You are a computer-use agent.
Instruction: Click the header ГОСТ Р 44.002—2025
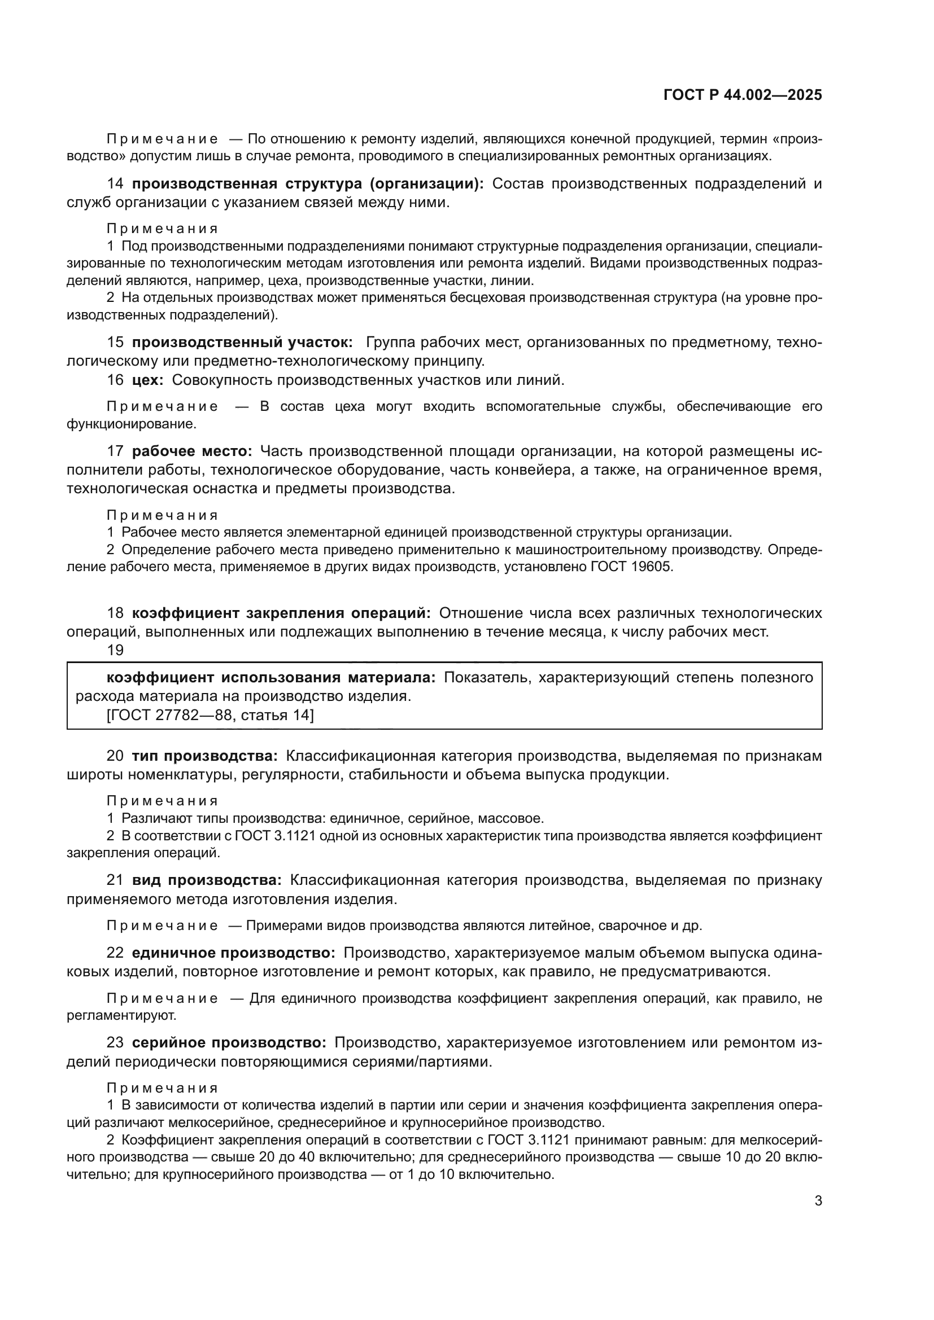743,95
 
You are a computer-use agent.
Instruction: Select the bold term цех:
148,380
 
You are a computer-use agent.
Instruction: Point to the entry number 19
115,650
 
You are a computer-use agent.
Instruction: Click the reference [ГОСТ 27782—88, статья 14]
210,715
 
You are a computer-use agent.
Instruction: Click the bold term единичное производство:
234,953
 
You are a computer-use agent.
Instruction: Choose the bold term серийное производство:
229,1042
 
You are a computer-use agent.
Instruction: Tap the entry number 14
115,183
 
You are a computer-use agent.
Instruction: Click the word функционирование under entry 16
131,424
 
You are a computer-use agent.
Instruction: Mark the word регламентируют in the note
121,1015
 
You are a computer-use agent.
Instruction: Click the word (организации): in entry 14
426,183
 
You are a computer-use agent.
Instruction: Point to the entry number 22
115,953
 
